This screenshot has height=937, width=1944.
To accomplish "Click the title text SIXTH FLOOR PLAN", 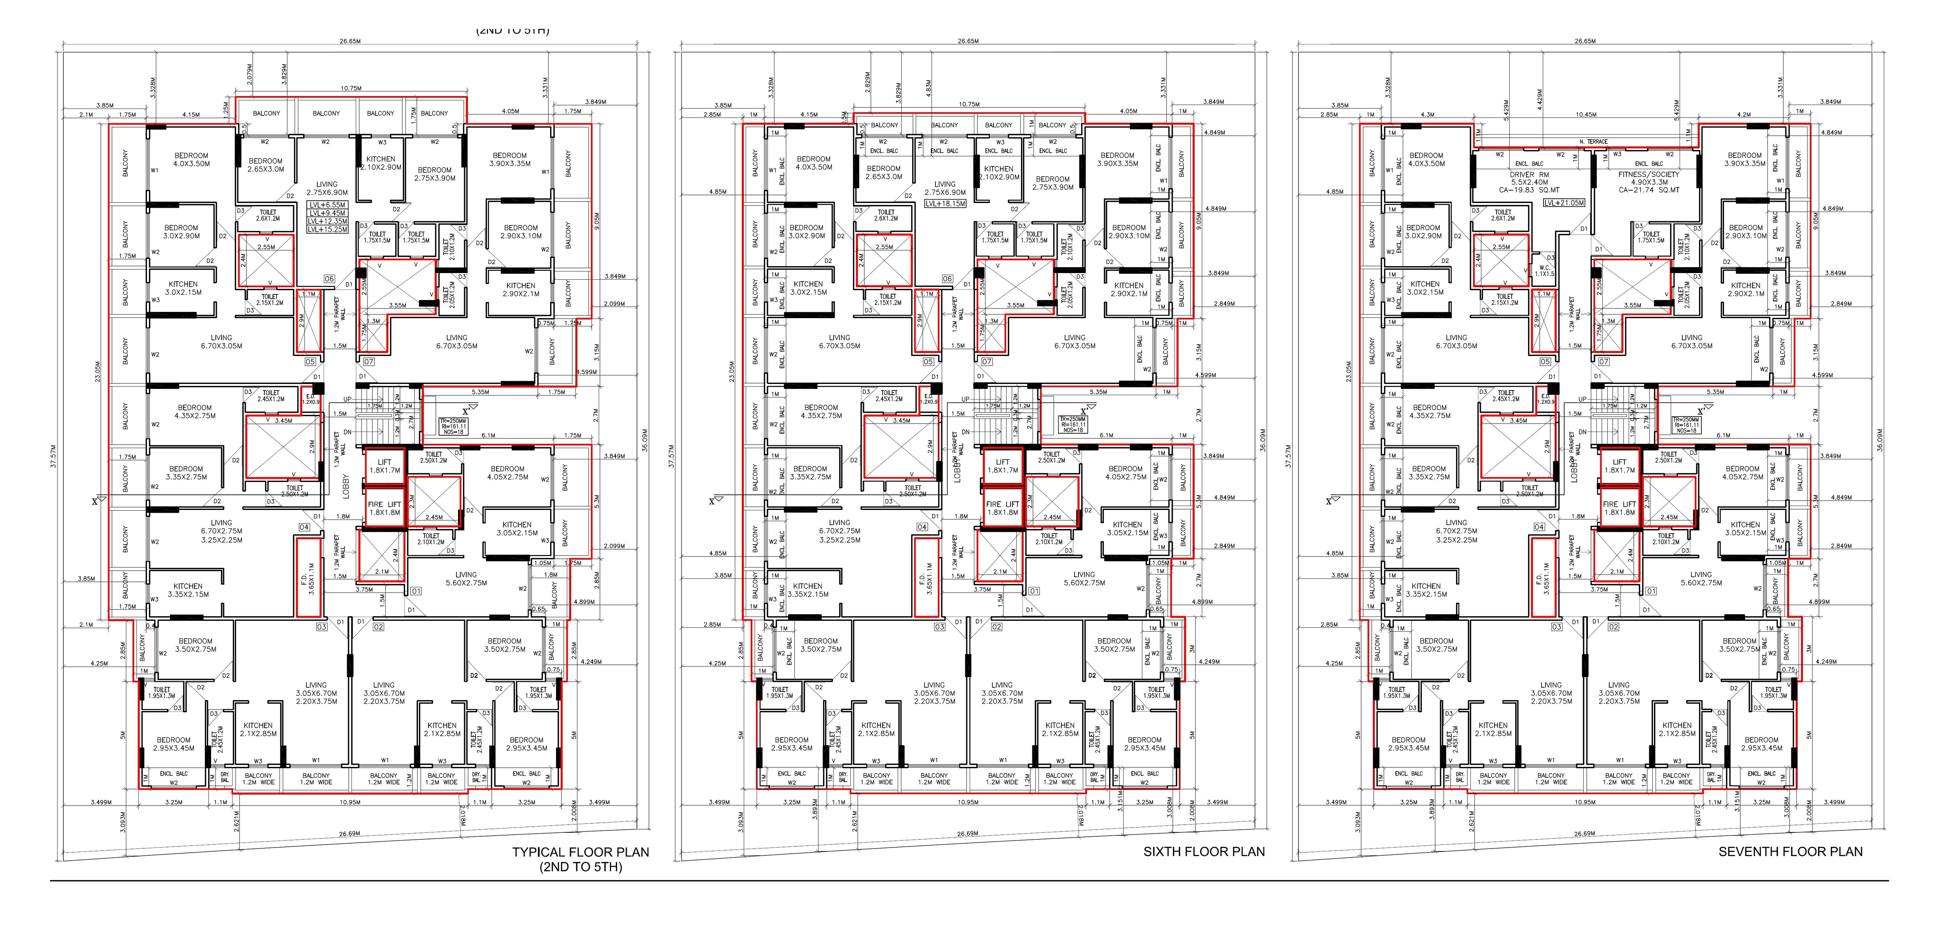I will tap(1204, 852).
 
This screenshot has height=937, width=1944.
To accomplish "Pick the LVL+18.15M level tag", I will tap(945, 203).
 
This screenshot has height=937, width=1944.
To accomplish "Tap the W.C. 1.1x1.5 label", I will tap(1545, 270).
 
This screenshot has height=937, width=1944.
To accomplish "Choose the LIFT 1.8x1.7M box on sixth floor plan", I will tap(1002, 466).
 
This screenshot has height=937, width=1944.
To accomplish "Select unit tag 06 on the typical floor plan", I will tap(329, 278).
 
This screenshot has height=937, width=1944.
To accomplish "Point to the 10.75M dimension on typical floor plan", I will tap(351, 88).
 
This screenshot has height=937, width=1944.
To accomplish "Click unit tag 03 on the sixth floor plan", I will tap(940, 627).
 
